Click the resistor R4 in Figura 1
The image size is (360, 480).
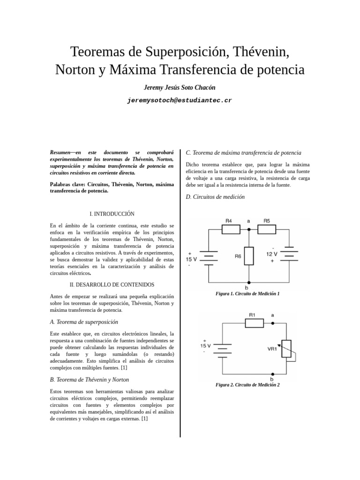click(231, 229)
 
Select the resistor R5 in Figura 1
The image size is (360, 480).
click(266, 229)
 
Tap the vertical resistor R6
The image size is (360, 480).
click(249, 255)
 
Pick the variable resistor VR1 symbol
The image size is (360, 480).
click(286, 349)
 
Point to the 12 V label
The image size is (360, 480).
click(272, 254)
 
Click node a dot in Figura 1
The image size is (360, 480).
click(249, 229)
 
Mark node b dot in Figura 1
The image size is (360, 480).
click(249, 283)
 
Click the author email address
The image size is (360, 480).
click(180, 100)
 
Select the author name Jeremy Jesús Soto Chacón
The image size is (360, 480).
click(180, 88)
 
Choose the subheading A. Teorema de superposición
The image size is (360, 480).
click(84, 322)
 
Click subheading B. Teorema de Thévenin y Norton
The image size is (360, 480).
click(90, 379)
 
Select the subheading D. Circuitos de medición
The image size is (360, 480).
click(215, 197)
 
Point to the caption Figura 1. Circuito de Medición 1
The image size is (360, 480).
click(247, 293)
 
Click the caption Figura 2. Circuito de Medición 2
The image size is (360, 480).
click(247, 385)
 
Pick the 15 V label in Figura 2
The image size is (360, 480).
click(206, 346)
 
